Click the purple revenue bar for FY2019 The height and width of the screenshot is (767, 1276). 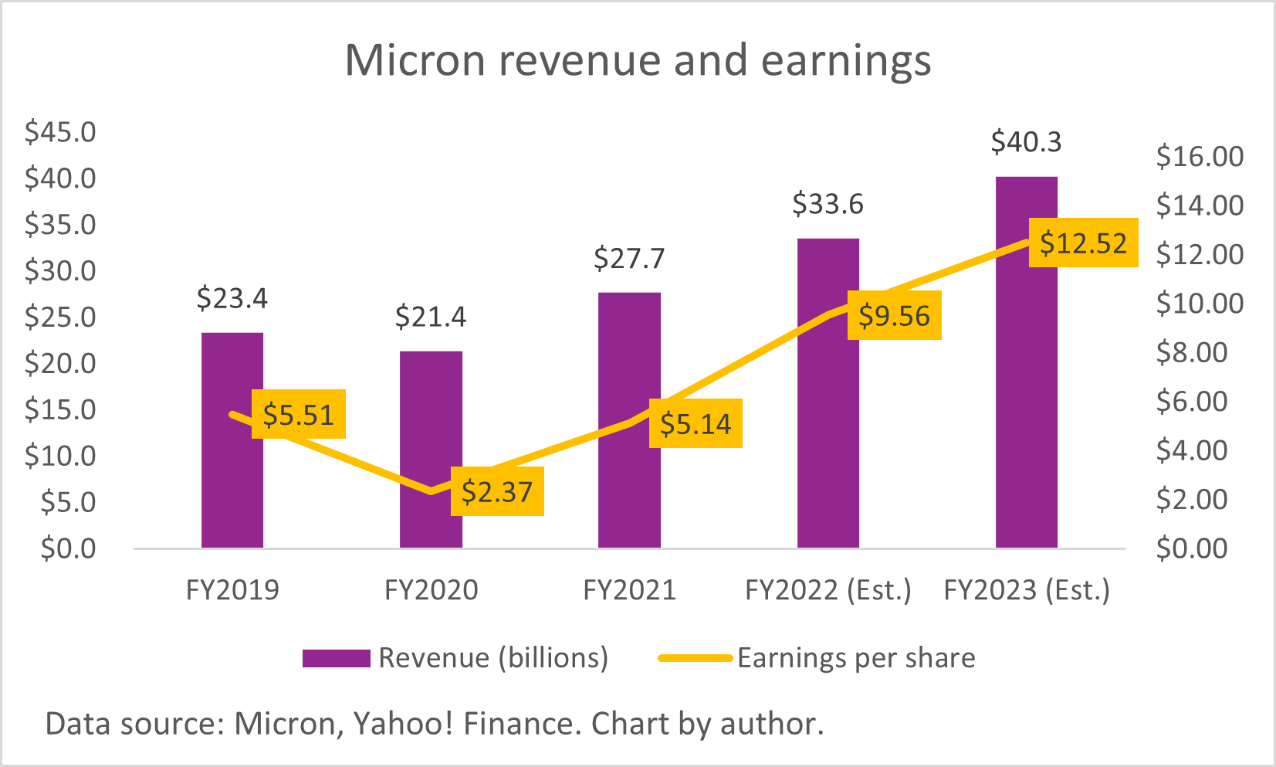click(x=232, y=479)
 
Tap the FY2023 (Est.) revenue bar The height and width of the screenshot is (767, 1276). click(x=1026, y=386)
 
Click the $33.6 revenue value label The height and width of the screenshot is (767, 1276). click(x=828, y=205)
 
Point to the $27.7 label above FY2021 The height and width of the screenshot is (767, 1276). click(x=629, y=259)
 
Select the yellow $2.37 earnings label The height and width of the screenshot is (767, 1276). click(x=497, y=492)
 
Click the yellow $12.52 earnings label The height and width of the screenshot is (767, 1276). click(x=1083, y=243)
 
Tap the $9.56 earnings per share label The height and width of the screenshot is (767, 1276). click(x=894, y=316)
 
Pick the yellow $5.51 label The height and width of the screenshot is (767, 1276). click(x=298, y=415)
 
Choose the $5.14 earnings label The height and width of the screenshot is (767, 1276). click(x=696, y=424)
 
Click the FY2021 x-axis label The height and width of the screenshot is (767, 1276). click(x=629, y=590)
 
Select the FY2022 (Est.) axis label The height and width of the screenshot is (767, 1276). click(x=828, y=590)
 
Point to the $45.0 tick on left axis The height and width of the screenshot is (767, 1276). click(x=60, y=132)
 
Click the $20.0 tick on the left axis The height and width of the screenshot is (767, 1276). click(x=60, y=363)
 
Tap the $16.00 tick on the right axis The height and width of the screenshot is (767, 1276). click(x=1200, y=157)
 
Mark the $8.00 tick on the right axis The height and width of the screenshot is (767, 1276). click(x=1191, y=352)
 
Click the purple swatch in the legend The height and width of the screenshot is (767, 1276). click(x=336, y=658)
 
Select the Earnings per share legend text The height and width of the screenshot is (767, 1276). click(x=856, y=658)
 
